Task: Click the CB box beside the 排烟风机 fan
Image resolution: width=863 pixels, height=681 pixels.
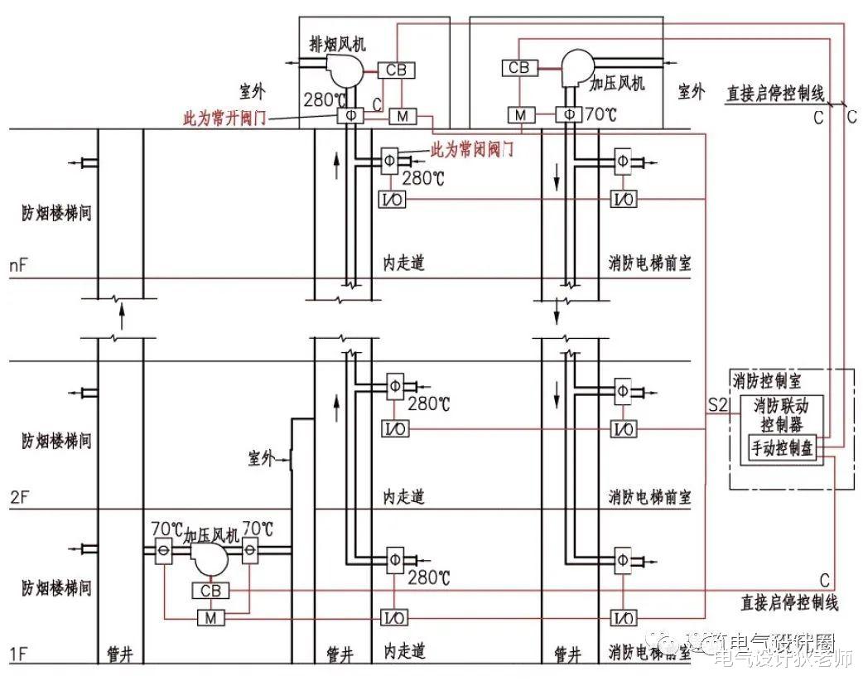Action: tap(396, 70)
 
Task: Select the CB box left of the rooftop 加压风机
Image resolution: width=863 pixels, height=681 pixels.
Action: tap(518, 68)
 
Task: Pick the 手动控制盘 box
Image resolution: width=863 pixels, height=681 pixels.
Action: tap(783, 448)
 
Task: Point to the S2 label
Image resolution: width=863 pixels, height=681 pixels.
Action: tap(717, 406)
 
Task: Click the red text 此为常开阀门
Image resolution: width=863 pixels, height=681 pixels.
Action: tap(224, 118)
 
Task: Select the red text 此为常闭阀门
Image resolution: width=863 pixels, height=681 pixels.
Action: tap(472, 150)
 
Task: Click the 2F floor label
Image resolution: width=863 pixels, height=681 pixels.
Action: tap(18, 498)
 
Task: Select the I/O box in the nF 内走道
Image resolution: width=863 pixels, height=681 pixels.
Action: tap(393, 199)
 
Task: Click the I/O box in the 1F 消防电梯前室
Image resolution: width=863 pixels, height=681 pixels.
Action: tap(623, 618)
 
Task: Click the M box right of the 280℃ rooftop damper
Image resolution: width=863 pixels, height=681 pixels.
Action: tap(402, 117)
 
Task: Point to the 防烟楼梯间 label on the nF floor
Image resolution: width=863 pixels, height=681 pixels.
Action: tap(56, 213)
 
